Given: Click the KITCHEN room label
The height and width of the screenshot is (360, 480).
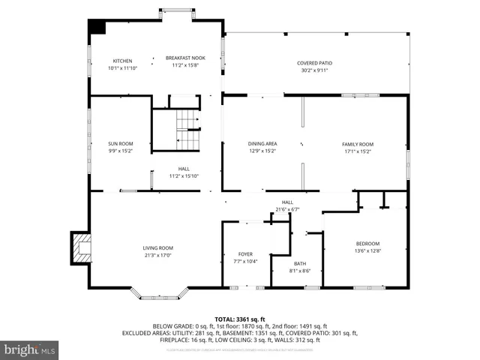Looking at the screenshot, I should pos(122,61).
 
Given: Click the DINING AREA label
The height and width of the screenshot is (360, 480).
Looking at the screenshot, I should pos(262,144).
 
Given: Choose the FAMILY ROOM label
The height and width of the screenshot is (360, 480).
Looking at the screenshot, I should pos(357,144).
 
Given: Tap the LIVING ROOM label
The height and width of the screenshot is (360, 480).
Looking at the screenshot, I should pos(158,248).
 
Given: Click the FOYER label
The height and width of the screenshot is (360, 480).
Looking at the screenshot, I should pos(245,254).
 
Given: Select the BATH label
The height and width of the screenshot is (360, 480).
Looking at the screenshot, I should pos(300,263).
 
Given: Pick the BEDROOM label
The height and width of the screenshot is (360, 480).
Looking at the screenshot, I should pos(367,243).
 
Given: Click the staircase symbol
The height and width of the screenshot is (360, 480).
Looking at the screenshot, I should pos(187,130).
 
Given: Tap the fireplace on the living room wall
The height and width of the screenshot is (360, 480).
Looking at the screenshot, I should pos(79,248).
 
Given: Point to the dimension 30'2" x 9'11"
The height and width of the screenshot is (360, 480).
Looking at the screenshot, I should pos(314,70).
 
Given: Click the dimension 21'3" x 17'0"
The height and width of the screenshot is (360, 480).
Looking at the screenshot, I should pos(158,256).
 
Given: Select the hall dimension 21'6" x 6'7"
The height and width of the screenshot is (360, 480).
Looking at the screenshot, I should pos(287,209).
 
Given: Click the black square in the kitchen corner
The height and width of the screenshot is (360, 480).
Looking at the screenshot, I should pos(97,25).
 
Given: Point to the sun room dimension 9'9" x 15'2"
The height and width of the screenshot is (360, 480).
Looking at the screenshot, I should pos(120,151).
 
